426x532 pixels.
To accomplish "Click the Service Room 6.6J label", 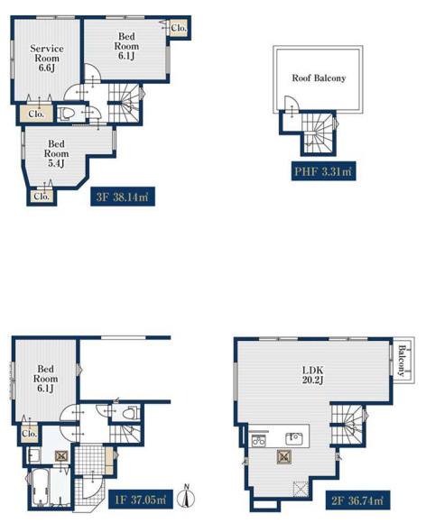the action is pyautogui.click(x=47, y=58).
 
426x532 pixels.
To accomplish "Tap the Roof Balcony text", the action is pyautogui.click(x=319, y=78).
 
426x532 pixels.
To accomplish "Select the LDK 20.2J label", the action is pyautogui.click(x=313, y=374).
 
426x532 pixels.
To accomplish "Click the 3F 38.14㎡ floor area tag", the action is pyautogui.click(x=123, y=197).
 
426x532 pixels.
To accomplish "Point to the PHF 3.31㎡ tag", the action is pyautogui.click(x=323, y=171).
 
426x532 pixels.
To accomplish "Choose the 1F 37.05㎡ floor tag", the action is pyautogui.click(x=141, y=500).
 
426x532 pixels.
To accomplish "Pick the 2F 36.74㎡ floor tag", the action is pyautogui.click(x=358, y=500).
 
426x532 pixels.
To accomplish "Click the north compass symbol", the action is pyautogui.click(x=187, y=497).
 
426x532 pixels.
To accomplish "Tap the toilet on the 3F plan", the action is pyautogui.click(x=65, y=114).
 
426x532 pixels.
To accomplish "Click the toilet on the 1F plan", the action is pyautogui.click(x=131, y=413).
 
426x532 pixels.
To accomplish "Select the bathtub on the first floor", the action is pyautogui.click(x=40, y=488).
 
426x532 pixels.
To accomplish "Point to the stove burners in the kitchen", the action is pyautogui.click(x=258, y=441).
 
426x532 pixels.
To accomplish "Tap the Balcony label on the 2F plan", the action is pyautogui.click(x=402, y=361).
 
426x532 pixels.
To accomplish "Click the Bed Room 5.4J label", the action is pyautogui.click(x=56, y=153).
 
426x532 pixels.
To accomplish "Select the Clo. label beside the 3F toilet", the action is pyautogui.click(x=36, y=114).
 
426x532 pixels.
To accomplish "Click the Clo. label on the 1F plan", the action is pyautogui.click(x=29, y=434).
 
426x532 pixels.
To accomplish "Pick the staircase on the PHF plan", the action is pyautogui.click(x=318, y=133).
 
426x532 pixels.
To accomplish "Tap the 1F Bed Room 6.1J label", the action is pyautogui.click(x=45, y=379).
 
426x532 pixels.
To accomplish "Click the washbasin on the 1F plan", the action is pyautogui.click(x=33, y=455).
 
